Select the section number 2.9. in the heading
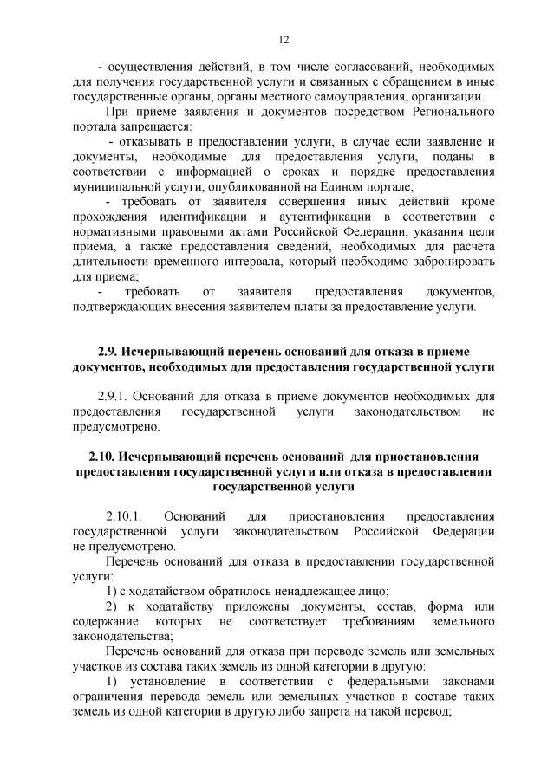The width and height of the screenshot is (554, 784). (108, 351)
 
